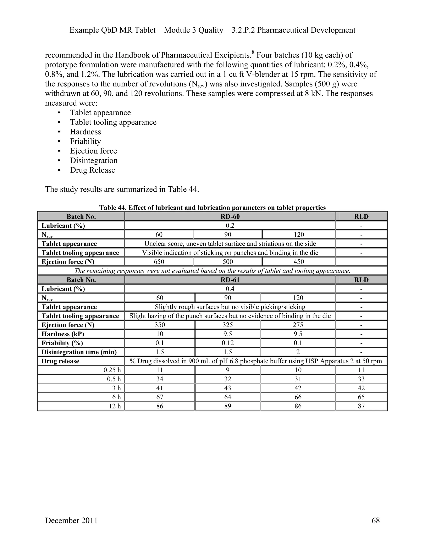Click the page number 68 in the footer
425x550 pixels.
[375, 520]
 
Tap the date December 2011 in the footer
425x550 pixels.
[71, 520]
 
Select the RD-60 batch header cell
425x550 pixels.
[230, 216]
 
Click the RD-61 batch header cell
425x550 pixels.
[230, 280]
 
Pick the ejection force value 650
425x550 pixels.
[159, 262]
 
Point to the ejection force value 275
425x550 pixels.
[298, 325]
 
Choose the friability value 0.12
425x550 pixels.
[228, 343]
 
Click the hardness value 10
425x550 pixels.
[160, 334]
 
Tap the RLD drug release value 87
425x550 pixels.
[361, 406]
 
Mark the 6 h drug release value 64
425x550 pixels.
[228, 397]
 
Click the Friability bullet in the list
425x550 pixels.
[85, 141]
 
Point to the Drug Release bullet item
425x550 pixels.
[92, 170]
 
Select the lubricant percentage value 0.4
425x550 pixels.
[230, 289]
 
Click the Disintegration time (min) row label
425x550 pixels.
[79, 352]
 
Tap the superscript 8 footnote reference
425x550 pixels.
[253, 52]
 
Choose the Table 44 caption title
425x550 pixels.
[212, 208]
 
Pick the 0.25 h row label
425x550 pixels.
[112, 370]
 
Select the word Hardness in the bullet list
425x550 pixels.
[85, 132]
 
